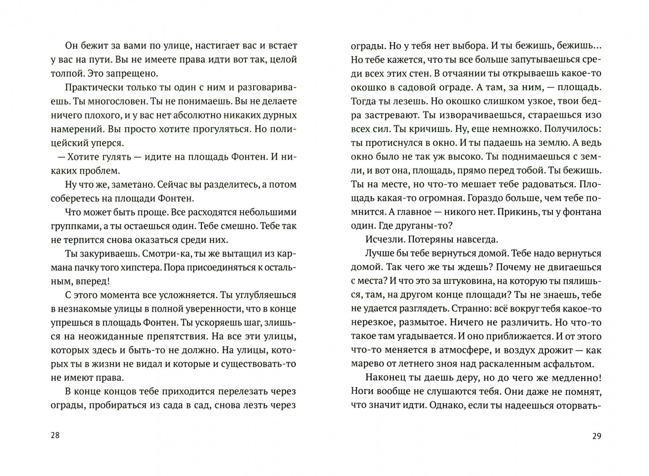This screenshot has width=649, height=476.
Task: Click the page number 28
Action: click(x=55, y=436)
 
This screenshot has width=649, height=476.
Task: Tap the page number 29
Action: click(x=597, y=436)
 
